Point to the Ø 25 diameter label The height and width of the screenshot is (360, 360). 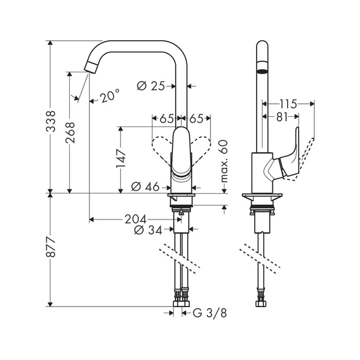pyautogui.click(x=151, y=86)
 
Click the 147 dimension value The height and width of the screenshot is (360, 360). pyautogui.click(x=121, y=159)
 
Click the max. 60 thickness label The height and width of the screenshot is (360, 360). pyautogui.click(x=223, y=162)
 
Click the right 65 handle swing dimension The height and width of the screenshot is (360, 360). pyautogui.click(x=196, y=119)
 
